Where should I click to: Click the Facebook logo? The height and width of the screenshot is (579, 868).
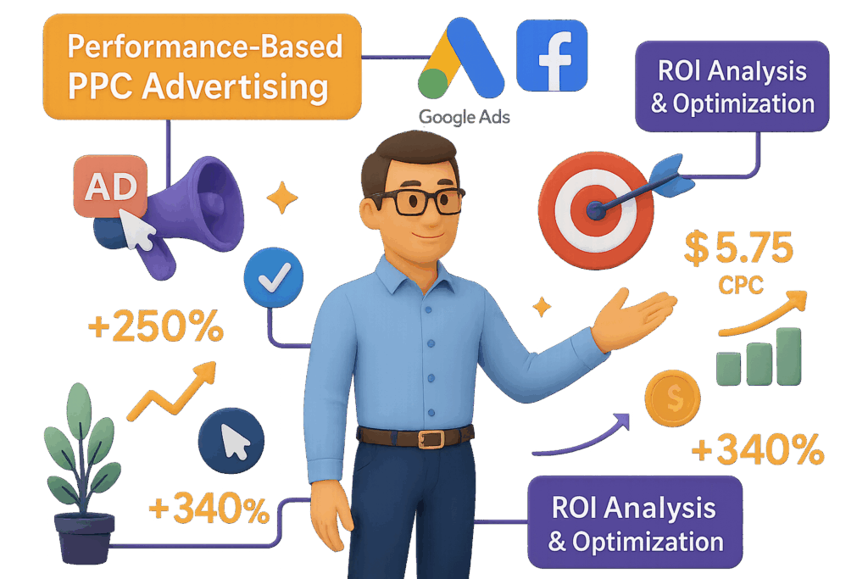[551, 54]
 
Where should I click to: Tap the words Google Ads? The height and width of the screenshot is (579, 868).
[464, 116]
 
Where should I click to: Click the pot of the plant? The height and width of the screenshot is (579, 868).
[84, 537]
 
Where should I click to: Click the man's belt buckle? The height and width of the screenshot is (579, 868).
[431, 438]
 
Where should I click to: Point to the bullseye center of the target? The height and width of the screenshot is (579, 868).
[597, 210]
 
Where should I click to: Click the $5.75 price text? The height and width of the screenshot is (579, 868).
[739, 251]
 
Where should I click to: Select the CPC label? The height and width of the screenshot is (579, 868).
[740, 286]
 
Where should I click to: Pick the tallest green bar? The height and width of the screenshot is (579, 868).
[787, 356]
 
